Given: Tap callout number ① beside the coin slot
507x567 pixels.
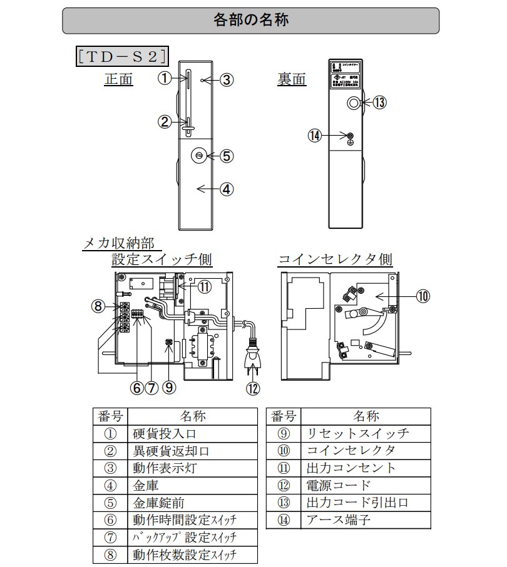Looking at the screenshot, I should point(164,78).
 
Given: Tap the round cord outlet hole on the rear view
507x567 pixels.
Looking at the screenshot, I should point(355,103).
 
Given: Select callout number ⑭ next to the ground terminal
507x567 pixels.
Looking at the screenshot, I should point(315,135).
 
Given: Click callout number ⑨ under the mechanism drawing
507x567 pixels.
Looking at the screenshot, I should point(168,388).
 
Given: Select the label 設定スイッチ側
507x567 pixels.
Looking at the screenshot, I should point(162,259).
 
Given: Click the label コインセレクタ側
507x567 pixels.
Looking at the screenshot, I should point(335,259).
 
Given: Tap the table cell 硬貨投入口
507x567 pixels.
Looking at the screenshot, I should point(167,433).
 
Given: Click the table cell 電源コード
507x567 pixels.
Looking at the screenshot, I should point(338,485).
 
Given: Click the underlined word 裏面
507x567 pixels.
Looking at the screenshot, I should point(292,79).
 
